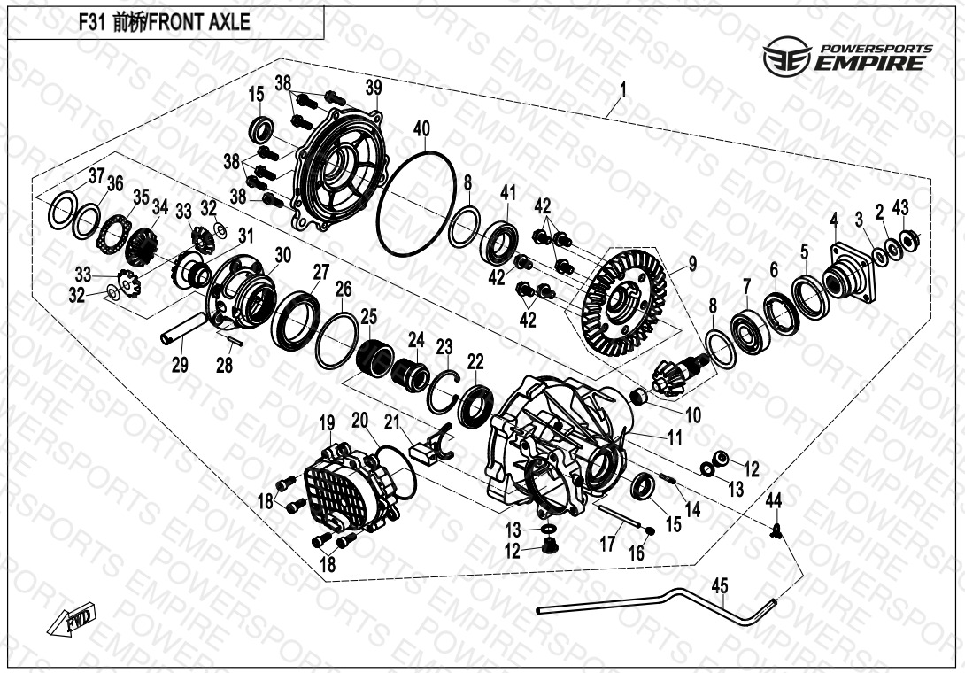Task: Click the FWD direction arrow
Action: pos(72,619)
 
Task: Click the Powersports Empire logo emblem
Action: pos(787,56)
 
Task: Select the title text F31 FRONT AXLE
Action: pos(165,22)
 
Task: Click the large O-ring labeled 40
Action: pos(416,203)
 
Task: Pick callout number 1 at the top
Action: pos(622,90)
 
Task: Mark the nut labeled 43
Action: pos(908,239)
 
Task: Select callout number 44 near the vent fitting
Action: pos(773,501)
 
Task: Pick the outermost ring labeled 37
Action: pos(63,210)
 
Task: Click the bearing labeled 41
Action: pos(503,244)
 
